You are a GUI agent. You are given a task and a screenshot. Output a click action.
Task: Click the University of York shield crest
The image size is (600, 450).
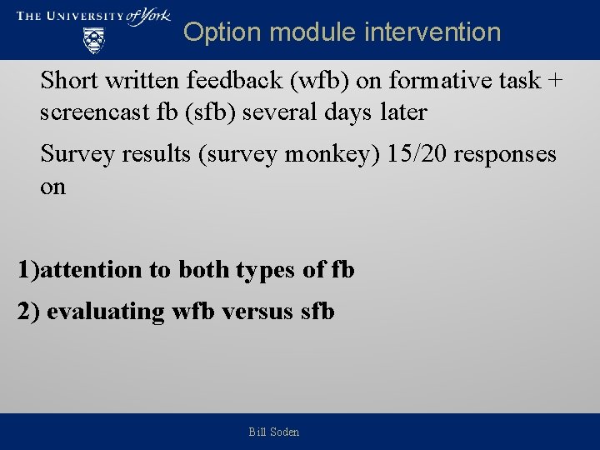(94, 39)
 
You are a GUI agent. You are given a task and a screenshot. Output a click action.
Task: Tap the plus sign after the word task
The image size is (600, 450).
(555, 82)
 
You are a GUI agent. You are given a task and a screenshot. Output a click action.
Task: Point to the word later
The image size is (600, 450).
(403, 112)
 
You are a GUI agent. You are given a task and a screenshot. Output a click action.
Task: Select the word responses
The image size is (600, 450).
(510, 154)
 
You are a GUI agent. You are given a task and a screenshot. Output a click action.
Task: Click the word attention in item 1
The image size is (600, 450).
(91, 270)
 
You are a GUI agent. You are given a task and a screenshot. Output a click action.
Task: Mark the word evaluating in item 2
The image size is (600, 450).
(106, 312)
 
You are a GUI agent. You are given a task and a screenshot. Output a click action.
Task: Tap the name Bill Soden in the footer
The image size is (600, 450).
(274, 432)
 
